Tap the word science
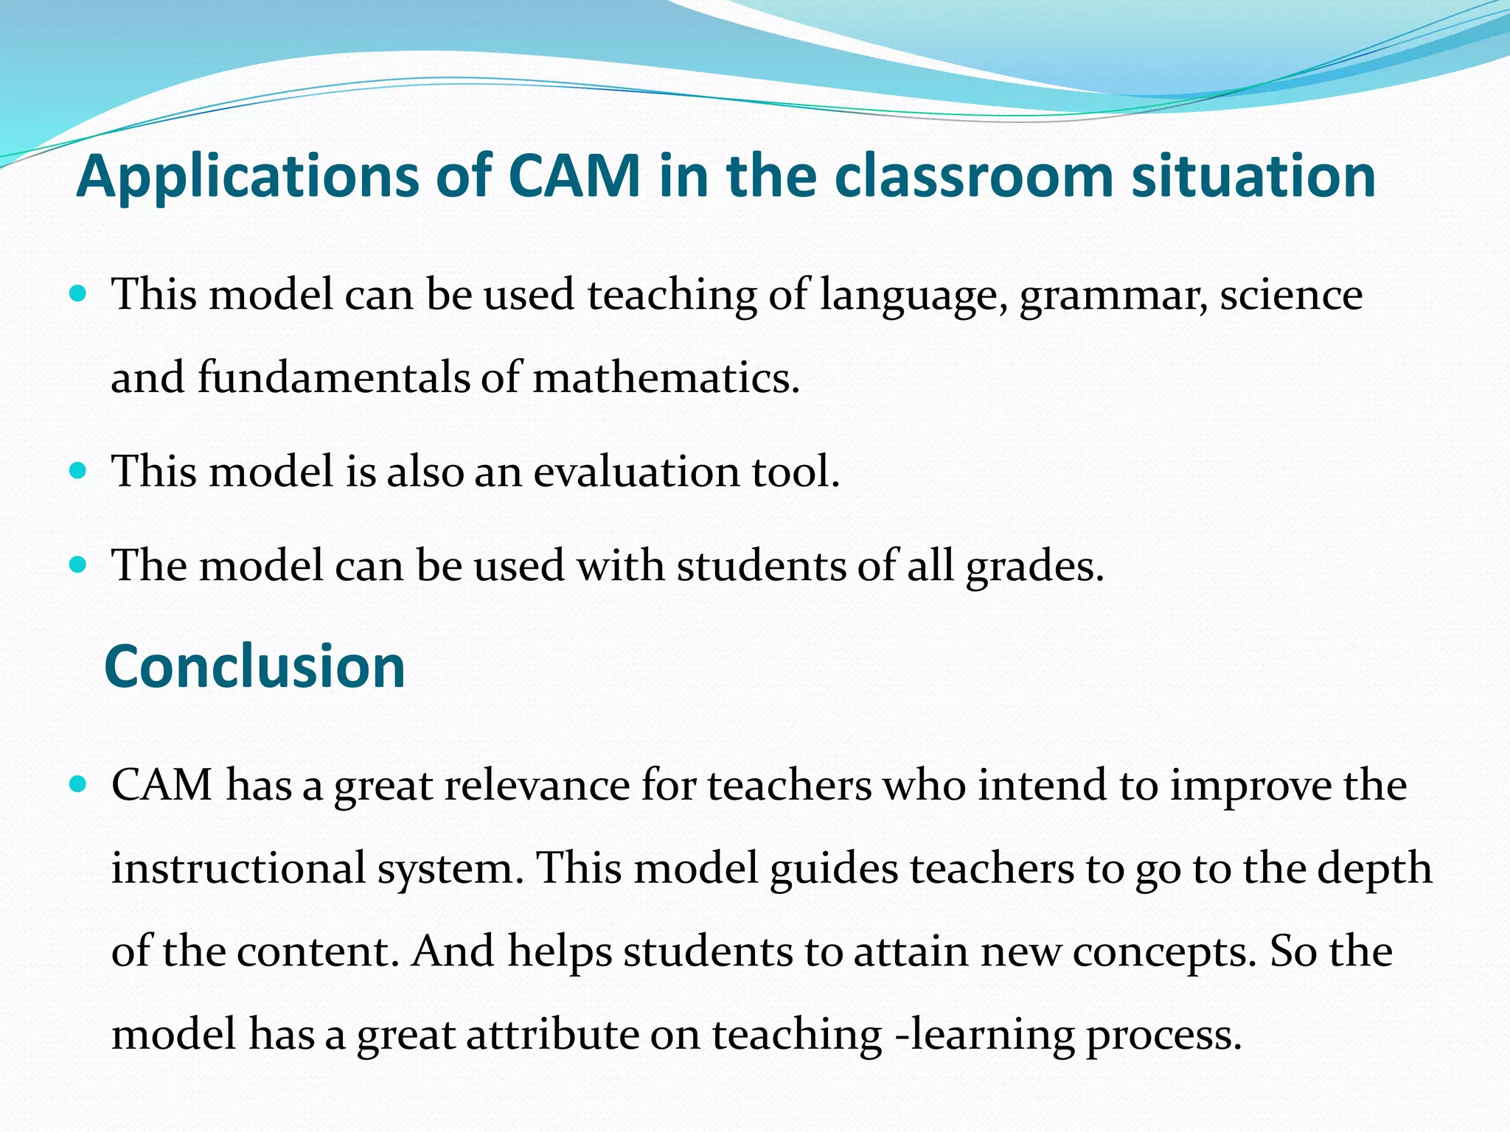point(1291,295)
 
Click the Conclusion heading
point(255,666)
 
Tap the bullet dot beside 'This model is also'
point(77,469)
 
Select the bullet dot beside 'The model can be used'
point(77,565)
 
